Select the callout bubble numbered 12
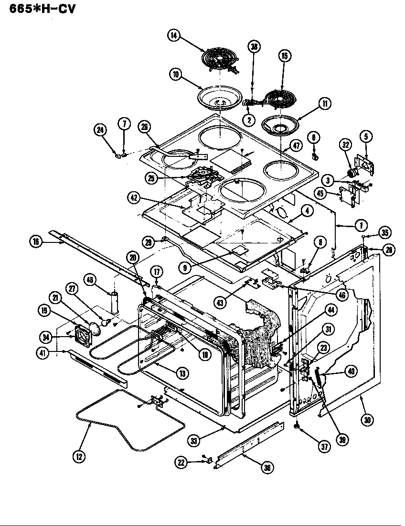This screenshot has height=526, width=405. tap(79, 457)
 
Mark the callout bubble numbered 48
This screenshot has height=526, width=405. tap(91, 279)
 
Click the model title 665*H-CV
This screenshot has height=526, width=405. tap(40, 8)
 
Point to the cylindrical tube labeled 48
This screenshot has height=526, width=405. tap(115, 303)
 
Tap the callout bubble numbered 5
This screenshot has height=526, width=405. tap(366, 137)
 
